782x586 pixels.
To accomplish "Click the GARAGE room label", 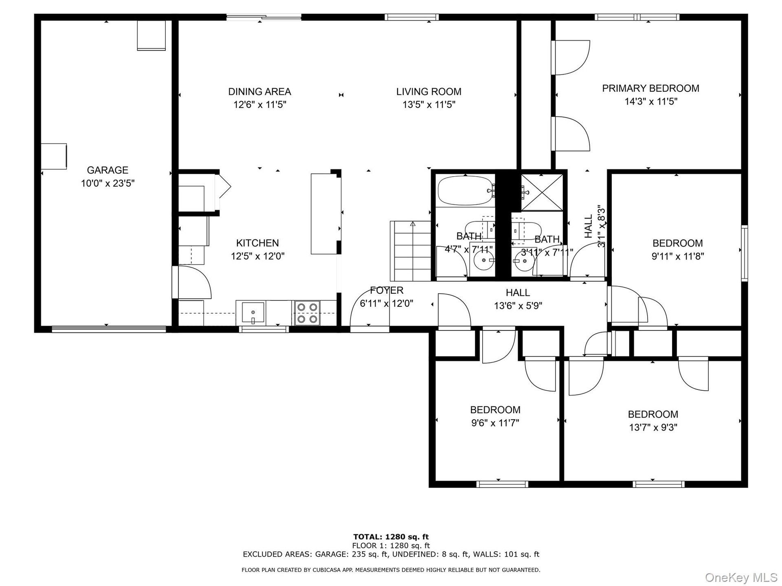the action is (x=108, y=170).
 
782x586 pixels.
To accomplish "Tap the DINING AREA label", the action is (x=259, y=92).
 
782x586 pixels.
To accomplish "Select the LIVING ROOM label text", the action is (x=429, y=92).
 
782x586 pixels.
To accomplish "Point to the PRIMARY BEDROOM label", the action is (x=650, y=88).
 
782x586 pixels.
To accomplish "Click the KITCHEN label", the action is (x=257, y=243).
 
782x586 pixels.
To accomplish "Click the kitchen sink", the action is (x=253, y=313).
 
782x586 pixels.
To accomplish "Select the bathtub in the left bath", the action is (x=466, y=190).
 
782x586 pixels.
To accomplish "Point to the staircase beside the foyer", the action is (x=411, y=251).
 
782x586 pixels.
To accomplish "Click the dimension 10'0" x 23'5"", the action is (x=108, y=183).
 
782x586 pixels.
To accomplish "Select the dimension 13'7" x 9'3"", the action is (x=653, y=427).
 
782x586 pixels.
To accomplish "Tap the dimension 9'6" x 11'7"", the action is (x=495, y=423).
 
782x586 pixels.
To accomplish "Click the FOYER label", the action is (x=387, y=290).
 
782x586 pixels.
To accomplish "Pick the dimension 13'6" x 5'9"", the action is (x=518, y=306).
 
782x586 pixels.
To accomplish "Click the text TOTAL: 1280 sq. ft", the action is (x=391, y=537).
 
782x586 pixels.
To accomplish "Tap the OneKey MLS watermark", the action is (x=741, y=577).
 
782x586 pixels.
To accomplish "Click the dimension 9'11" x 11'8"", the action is (x=678, y=256).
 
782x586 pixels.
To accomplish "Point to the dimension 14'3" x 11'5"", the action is (x=651, y=101).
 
